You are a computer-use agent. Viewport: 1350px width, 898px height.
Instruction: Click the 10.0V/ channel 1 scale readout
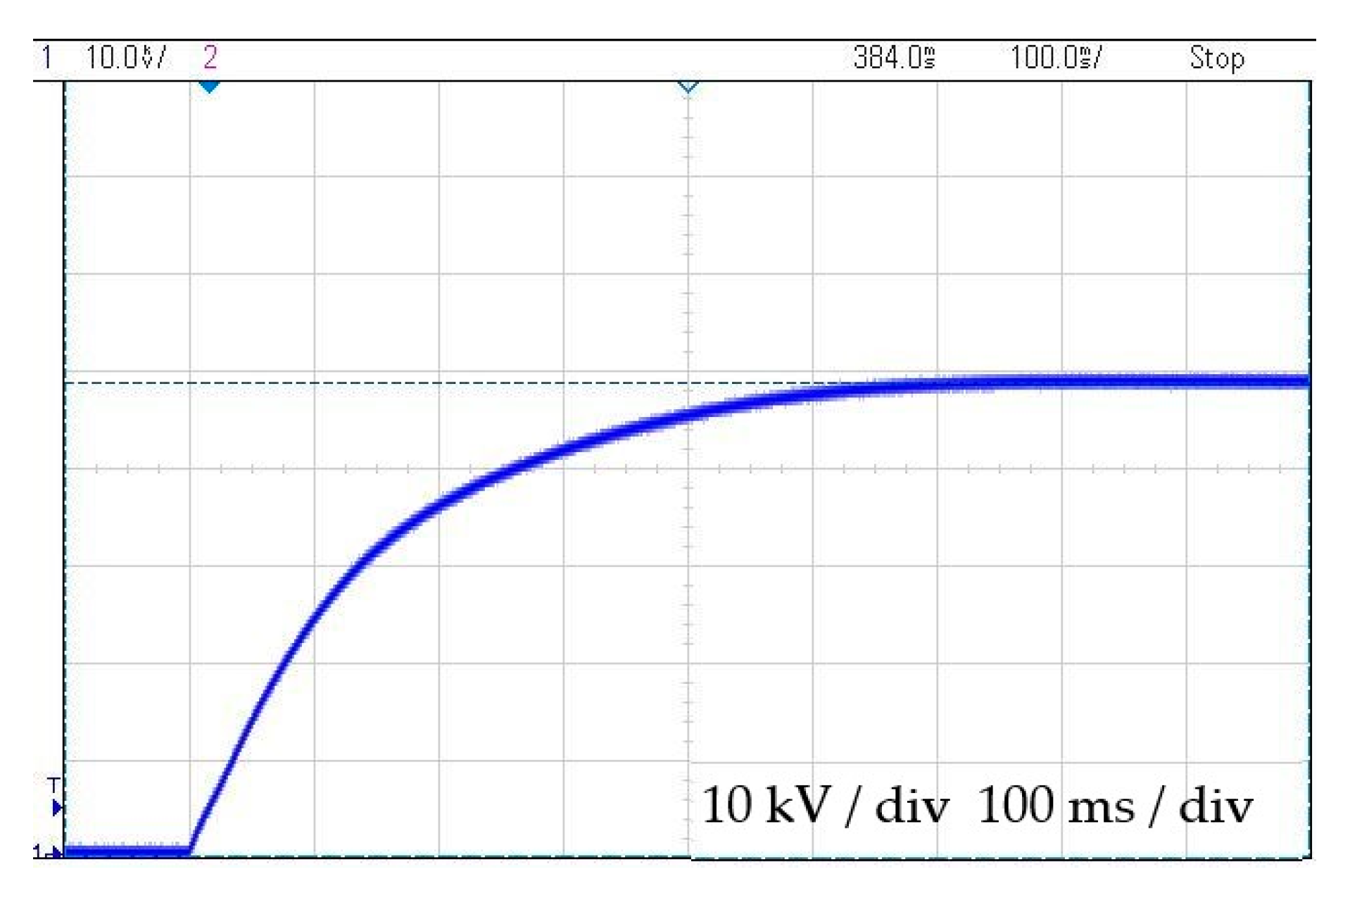125,58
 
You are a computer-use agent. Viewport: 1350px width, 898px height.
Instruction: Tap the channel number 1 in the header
46,58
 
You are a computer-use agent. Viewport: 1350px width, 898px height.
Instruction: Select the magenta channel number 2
210,58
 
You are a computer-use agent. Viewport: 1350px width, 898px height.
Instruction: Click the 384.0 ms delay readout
894,58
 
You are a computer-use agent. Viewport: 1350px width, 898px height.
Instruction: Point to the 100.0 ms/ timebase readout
1056,58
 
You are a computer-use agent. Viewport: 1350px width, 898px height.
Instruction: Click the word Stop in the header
1217,58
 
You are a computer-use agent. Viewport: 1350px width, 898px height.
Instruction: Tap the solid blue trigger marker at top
209,87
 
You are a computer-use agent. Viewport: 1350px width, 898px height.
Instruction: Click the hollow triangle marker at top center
688,87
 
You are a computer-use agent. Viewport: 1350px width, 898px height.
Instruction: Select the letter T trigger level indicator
53,785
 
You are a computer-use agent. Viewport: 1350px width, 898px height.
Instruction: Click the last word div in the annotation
1216,805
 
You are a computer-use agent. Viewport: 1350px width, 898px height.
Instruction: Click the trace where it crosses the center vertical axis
688,416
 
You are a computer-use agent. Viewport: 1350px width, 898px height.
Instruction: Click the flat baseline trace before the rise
127,851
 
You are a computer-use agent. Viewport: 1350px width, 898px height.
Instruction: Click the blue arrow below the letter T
57,808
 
